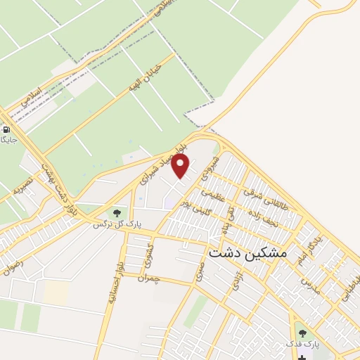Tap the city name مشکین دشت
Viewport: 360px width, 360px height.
tap(244, 253)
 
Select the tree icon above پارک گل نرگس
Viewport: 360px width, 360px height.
tap(117, 212)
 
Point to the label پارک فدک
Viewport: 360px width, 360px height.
tap(302, 345)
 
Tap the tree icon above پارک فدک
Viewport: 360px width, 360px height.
tap(302, 333)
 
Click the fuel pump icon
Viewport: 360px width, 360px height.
tap(6, 129)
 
